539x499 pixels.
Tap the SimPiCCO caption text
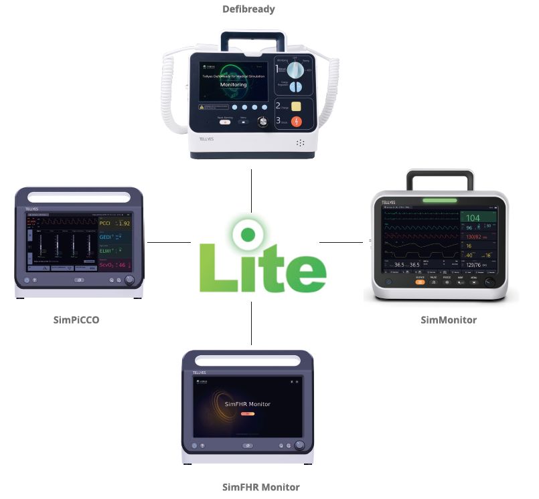coord(76,320)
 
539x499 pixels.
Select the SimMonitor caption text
coord(449,320)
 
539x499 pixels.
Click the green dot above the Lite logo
coord(248,234)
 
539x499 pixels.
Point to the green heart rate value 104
coord(473,218)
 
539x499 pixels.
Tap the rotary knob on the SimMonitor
coord(491,282)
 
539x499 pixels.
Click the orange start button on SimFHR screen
coord(247,414)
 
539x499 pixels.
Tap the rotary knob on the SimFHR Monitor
coord(299,445)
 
